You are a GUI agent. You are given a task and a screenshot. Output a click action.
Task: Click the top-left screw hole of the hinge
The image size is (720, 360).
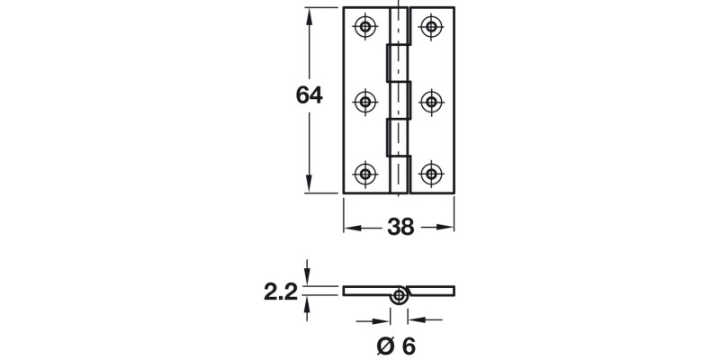(x=365, y=28)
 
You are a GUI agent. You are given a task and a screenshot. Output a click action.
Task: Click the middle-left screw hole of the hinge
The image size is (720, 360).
(x=365, y=101)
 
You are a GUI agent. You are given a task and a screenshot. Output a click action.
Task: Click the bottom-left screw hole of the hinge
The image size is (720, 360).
(x=365, y=174)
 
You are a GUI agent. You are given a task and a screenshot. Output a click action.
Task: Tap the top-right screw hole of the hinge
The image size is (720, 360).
(x=433, y=28)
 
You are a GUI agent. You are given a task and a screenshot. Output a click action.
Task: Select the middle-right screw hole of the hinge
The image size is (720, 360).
(x=433, y=101)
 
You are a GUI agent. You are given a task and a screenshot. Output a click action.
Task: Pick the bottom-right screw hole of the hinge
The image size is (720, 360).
(x=433, y=174)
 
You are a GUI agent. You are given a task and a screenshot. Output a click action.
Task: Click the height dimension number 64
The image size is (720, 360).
(x=310, y=95)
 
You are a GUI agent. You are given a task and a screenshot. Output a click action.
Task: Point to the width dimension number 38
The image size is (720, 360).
(x=400, y=228)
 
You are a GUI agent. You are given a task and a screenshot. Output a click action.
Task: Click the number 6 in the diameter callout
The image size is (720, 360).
(x=409, y=345)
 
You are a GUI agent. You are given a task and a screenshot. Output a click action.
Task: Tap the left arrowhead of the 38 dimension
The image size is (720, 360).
(x=350, y=228)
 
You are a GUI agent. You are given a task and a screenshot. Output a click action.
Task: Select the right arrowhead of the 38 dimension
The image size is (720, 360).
(x=449, y=228)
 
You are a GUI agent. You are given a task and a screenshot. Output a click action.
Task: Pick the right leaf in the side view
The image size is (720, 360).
(x=432, y=291)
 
